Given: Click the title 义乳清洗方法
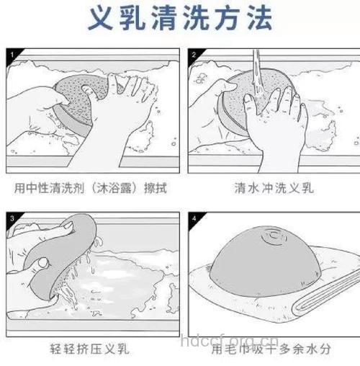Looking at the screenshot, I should point(181,19).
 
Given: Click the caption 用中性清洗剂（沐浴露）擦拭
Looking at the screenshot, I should point(91,189).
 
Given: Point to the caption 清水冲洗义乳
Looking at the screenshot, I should point(273,189).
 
